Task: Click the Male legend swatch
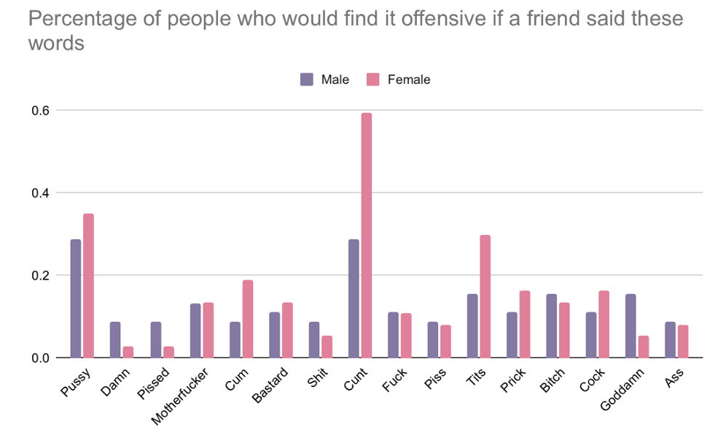[x=307, y=80]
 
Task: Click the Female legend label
[x=409, y=80]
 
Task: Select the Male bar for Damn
[x=115, y=339]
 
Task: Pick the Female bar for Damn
[x=128, y=352]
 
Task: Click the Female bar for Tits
[x=485, y=296]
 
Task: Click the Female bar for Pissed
[x=168, y=352]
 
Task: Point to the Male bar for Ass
[x=671, y=339]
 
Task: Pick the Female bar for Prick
[x=524, y=324]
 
